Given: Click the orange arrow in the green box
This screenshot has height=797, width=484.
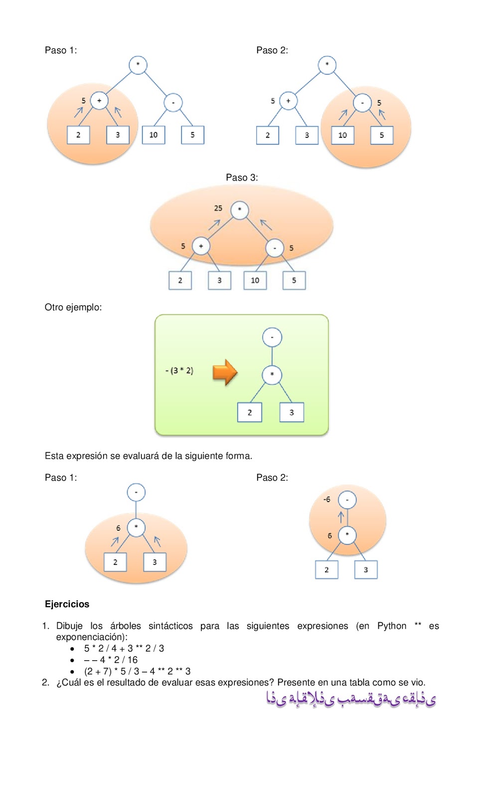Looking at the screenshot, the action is tap(225, 372).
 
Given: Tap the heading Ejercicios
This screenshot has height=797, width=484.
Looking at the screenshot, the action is tap(67, 604).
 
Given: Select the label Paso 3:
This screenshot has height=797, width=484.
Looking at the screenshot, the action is tap(242, 177).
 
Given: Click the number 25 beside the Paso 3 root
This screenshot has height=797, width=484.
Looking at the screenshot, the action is tap(218, 208).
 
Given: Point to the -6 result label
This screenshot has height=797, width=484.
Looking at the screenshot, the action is tap(326, 499).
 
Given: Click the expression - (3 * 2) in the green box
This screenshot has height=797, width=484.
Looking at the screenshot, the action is tap(179, 371).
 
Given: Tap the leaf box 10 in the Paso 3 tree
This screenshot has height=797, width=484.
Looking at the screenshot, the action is tap(255, 280).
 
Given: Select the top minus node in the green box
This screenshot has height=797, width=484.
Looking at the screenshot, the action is tap(272, 337).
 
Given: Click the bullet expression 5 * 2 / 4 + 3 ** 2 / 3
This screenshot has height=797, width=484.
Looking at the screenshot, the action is tap(124, 648).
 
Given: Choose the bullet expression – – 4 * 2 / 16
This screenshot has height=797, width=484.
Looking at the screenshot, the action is tap(111, 660).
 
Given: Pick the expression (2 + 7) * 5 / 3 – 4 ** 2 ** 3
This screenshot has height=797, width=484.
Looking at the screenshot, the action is tap(137, 671).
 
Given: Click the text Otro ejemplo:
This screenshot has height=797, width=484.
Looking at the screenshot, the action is tap(73, 307).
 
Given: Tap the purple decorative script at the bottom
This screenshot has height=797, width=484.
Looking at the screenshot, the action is tap(351, 699).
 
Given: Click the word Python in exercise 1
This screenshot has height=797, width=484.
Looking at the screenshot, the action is tap(392, 626).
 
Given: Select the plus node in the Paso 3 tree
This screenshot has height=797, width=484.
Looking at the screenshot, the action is tap(201, 246).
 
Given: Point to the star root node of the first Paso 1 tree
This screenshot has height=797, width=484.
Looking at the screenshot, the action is tap(138, 65).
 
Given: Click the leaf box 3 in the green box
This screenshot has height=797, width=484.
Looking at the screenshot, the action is tap(292, 412).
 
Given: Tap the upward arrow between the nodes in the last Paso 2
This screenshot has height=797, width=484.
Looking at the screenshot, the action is tap(341, 517).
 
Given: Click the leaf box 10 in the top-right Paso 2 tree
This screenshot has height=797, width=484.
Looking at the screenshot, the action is tap(342, 135).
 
